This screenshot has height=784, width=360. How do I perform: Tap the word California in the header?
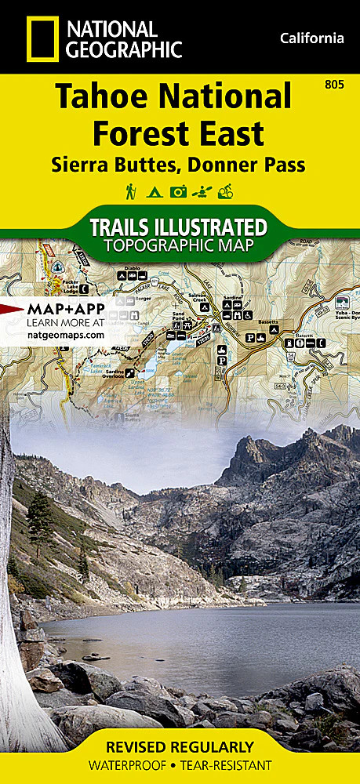pyautogui.click(x=311, y=38)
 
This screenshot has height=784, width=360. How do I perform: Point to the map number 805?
pyautogui.click(x=334, y=84)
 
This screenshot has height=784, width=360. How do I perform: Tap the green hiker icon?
pyautogui.click(x=130, y=191)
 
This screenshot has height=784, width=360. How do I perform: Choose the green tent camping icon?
pyautogui.click(x=155, y=191)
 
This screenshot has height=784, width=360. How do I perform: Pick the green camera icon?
pyautogui.click(x=179, y=191)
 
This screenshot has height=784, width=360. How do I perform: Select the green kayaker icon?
pyautogui.click(x=203, y=191)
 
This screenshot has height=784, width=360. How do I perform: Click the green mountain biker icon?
pyautogui.click(x=228, y=191)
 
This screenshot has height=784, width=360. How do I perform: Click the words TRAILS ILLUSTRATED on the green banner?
pyautogui.click(x=179, y=227)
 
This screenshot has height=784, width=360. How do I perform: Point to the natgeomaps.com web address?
pyautogui.click(x=64, y=334)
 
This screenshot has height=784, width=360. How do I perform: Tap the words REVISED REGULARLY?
pyautogui.click(x=180, y=746)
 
